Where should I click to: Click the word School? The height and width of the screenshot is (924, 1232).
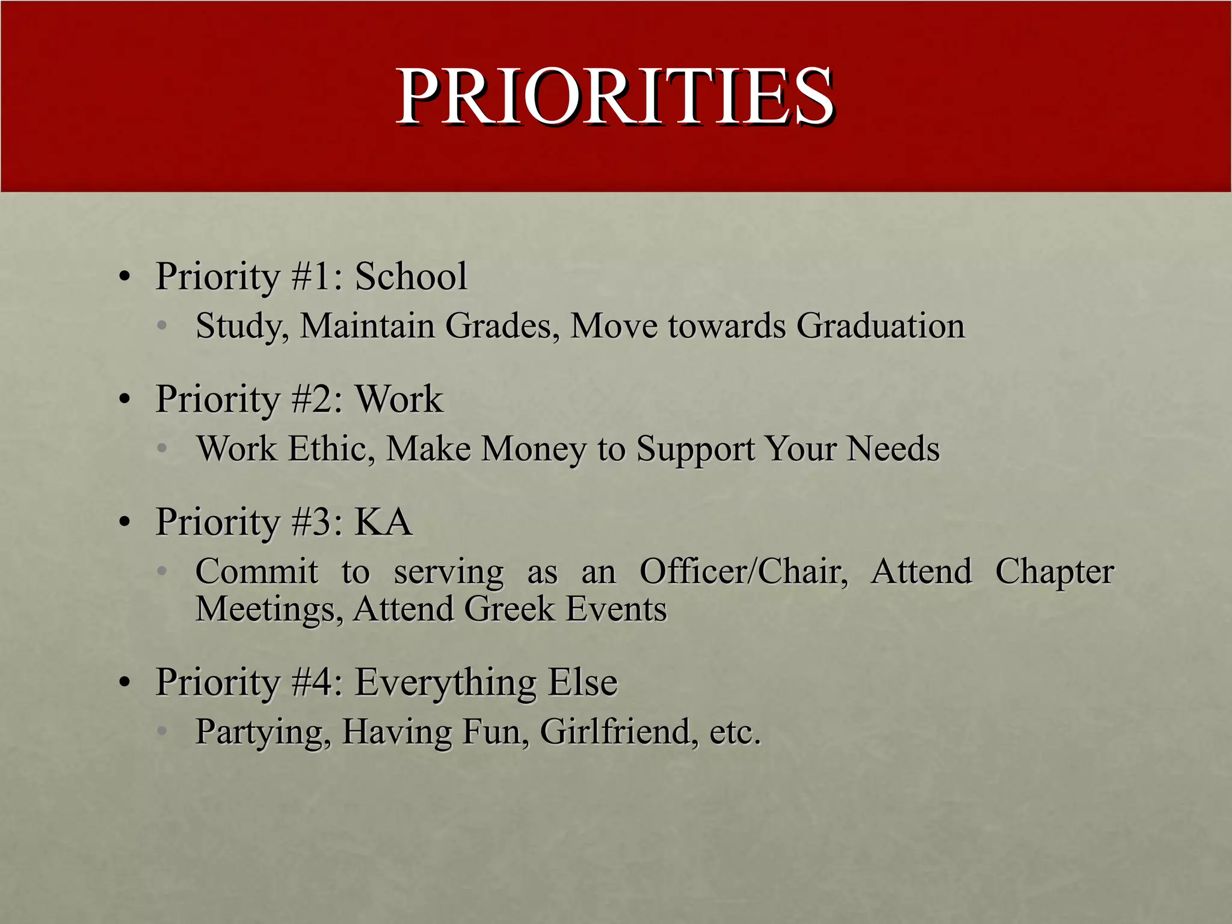click(x=411, y=277)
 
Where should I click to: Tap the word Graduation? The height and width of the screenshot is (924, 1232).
click(x=881, y=326)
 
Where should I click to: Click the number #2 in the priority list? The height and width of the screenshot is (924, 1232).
click(x=316, y=399)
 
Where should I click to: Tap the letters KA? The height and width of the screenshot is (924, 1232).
click(x=383, y=522)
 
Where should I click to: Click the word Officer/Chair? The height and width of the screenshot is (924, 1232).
click(x=744, y=571)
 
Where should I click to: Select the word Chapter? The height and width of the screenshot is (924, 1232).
click(x=1054, y=571)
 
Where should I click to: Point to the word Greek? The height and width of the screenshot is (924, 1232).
click(x=509, y=609)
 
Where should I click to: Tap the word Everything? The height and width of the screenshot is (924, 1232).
click(x=445, y=683)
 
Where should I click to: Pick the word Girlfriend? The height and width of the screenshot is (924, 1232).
click(x=619, y=732)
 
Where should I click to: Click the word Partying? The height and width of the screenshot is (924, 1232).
click(x=263, y=732)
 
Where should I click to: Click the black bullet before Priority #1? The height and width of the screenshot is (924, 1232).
click(x=125, y=278)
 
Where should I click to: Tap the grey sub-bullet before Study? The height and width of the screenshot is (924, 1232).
click(x=161, y=327)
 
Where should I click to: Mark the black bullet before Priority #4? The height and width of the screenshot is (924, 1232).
click(x=125, y=684)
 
